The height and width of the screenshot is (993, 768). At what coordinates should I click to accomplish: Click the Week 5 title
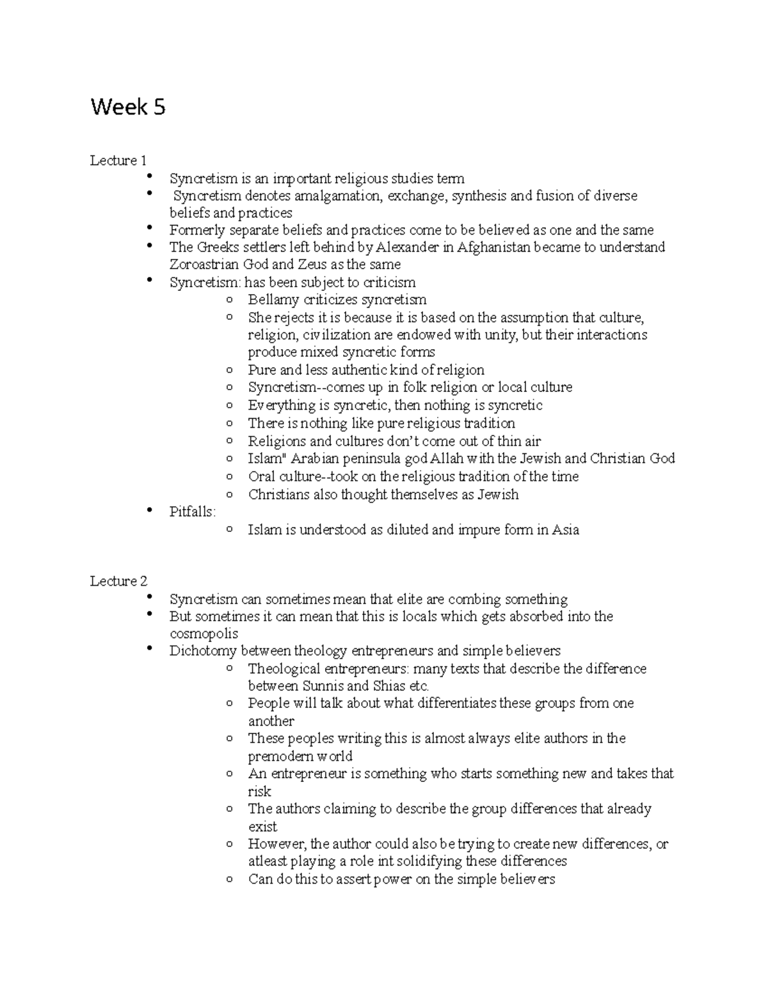coord(128,107)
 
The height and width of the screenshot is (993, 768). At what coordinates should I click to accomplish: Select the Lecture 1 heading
coord(118,160)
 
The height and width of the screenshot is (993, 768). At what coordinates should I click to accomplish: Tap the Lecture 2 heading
coord(118,581)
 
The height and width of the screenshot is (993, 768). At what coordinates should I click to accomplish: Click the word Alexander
coord(408,247)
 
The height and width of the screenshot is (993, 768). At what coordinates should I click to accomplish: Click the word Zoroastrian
coord(204,265)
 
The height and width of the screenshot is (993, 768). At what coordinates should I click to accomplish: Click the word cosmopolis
coord(204,634)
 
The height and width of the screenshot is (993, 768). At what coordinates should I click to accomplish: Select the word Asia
coord(566,529)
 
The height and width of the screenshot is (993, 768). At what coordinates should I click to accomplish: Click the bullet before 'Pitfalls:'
coord(149,510)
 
